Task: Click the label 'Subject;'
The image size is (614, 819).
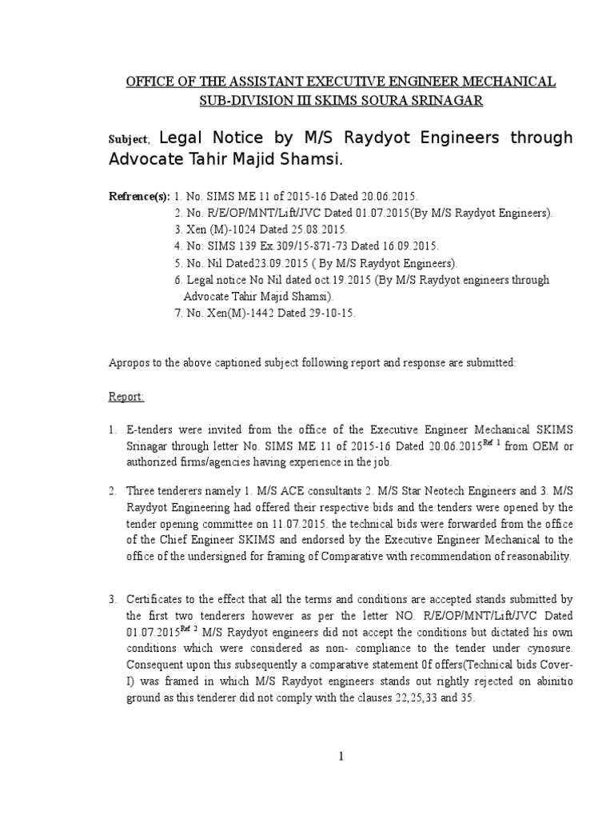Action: coord(126,139)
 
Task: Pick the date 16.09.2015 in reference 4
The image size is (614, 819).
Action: coord(405,246)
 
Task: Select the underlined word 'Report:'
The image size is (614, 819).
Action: coord(126,396)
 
